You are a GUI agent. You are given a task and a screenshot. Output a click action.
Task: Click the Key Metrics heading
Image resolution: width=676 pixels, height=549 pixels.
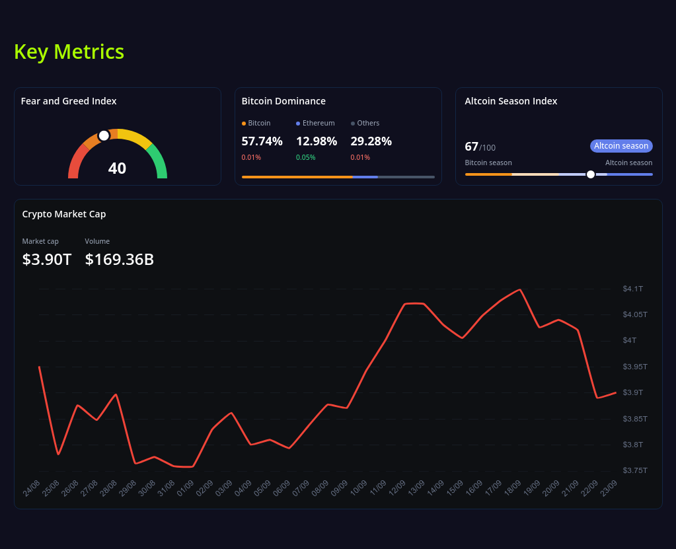69,52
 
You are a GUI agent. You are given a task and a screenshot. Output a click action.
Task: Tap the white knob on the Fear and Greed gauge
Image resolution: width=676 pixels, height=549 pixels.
104,135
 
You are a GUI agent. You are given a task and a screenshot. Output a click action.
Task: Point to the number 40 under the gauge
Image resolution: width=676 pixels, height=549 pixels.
117,168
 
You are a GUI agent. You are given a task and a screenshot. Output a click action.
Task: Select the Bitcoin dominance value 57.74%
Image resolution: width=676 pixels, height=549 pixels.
262,141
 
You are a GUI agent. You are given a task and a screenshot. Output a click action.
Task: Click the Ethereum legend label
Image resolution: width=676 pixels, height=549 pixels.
319,123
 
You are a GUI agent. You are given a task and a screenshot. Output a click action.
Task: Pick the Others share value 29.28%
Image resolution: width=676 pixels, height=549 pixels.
371,141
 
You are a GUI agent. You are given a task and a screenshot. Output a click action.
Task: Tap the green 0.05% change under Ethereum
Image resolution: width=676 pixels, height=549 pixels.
305,157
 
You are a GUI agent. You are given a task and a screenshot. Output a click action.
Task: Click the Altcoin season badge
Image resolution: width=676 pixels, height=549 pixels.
621,146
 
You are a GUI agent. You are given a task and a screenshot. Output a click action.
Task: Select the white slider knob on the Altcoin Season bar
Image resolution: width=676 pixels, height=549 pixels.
591,174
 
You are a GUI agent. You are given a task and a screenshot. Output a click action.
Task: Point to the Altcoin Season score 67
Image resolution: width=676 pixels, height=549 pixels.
471,147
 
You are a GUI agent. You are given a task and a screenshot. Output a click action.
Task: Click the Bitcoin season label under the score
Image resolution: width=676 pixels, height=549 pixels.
488,163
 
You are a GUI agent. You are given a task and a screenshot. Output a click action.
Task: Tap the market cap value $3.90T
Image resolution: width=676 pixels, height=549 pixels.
47,260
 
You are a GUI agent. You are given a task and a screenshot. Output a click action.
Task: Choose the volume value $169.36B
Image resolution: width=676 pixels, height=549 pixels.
120,260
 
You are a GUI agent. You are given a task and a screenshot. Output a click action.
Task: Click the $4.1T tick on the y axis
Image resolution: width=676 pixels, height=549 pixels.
632,289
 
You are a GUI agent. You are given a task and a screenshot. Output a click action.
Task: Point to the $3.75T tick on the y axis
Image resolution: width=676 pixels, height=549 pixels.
634,470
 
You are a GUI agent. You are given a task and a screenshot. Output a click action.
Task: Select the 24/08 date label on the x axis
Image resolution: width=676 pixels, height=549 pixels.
32,488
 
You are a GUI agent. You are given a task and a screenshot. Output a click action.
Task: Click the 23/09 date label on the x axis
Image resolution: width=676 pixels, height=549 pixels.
609,488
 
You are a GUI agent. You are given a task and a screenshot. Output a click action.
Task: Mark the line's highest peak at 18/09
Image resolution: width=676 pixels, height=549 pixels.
521,289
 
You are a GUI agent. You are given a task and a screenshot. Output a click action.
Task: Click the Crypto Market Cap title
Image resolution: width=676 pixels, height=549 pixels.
64,214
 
